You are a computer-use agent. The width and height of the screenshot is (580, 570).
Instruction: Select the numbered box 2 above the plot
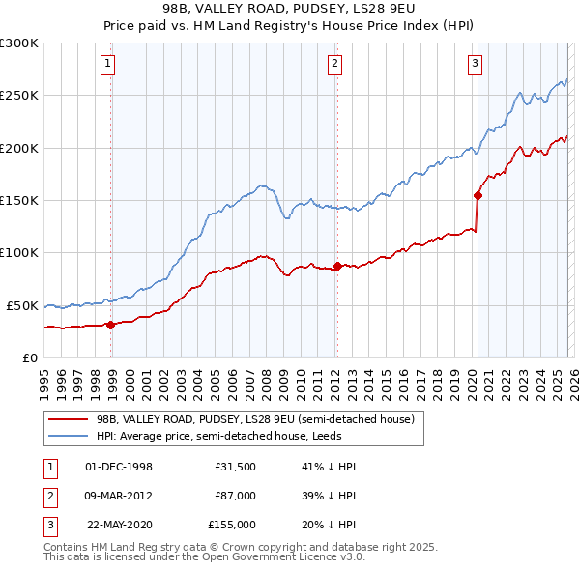click(334, 65)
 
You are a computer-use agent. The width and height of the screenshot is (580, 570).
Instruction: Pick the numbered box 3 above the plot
click(476, 65)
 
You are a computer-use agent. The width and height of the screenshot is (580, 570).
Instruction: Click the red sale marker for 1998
click(110, 325)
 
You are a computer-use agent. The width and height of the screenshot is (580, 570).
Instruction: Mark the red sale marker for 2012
click(337, 266)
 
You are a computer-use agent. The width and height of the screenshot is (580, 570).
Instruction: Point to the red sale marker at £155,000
click(478, 195)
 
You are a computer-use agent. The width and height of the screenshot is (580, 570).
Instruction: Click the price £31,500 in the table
click(235, 467)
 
